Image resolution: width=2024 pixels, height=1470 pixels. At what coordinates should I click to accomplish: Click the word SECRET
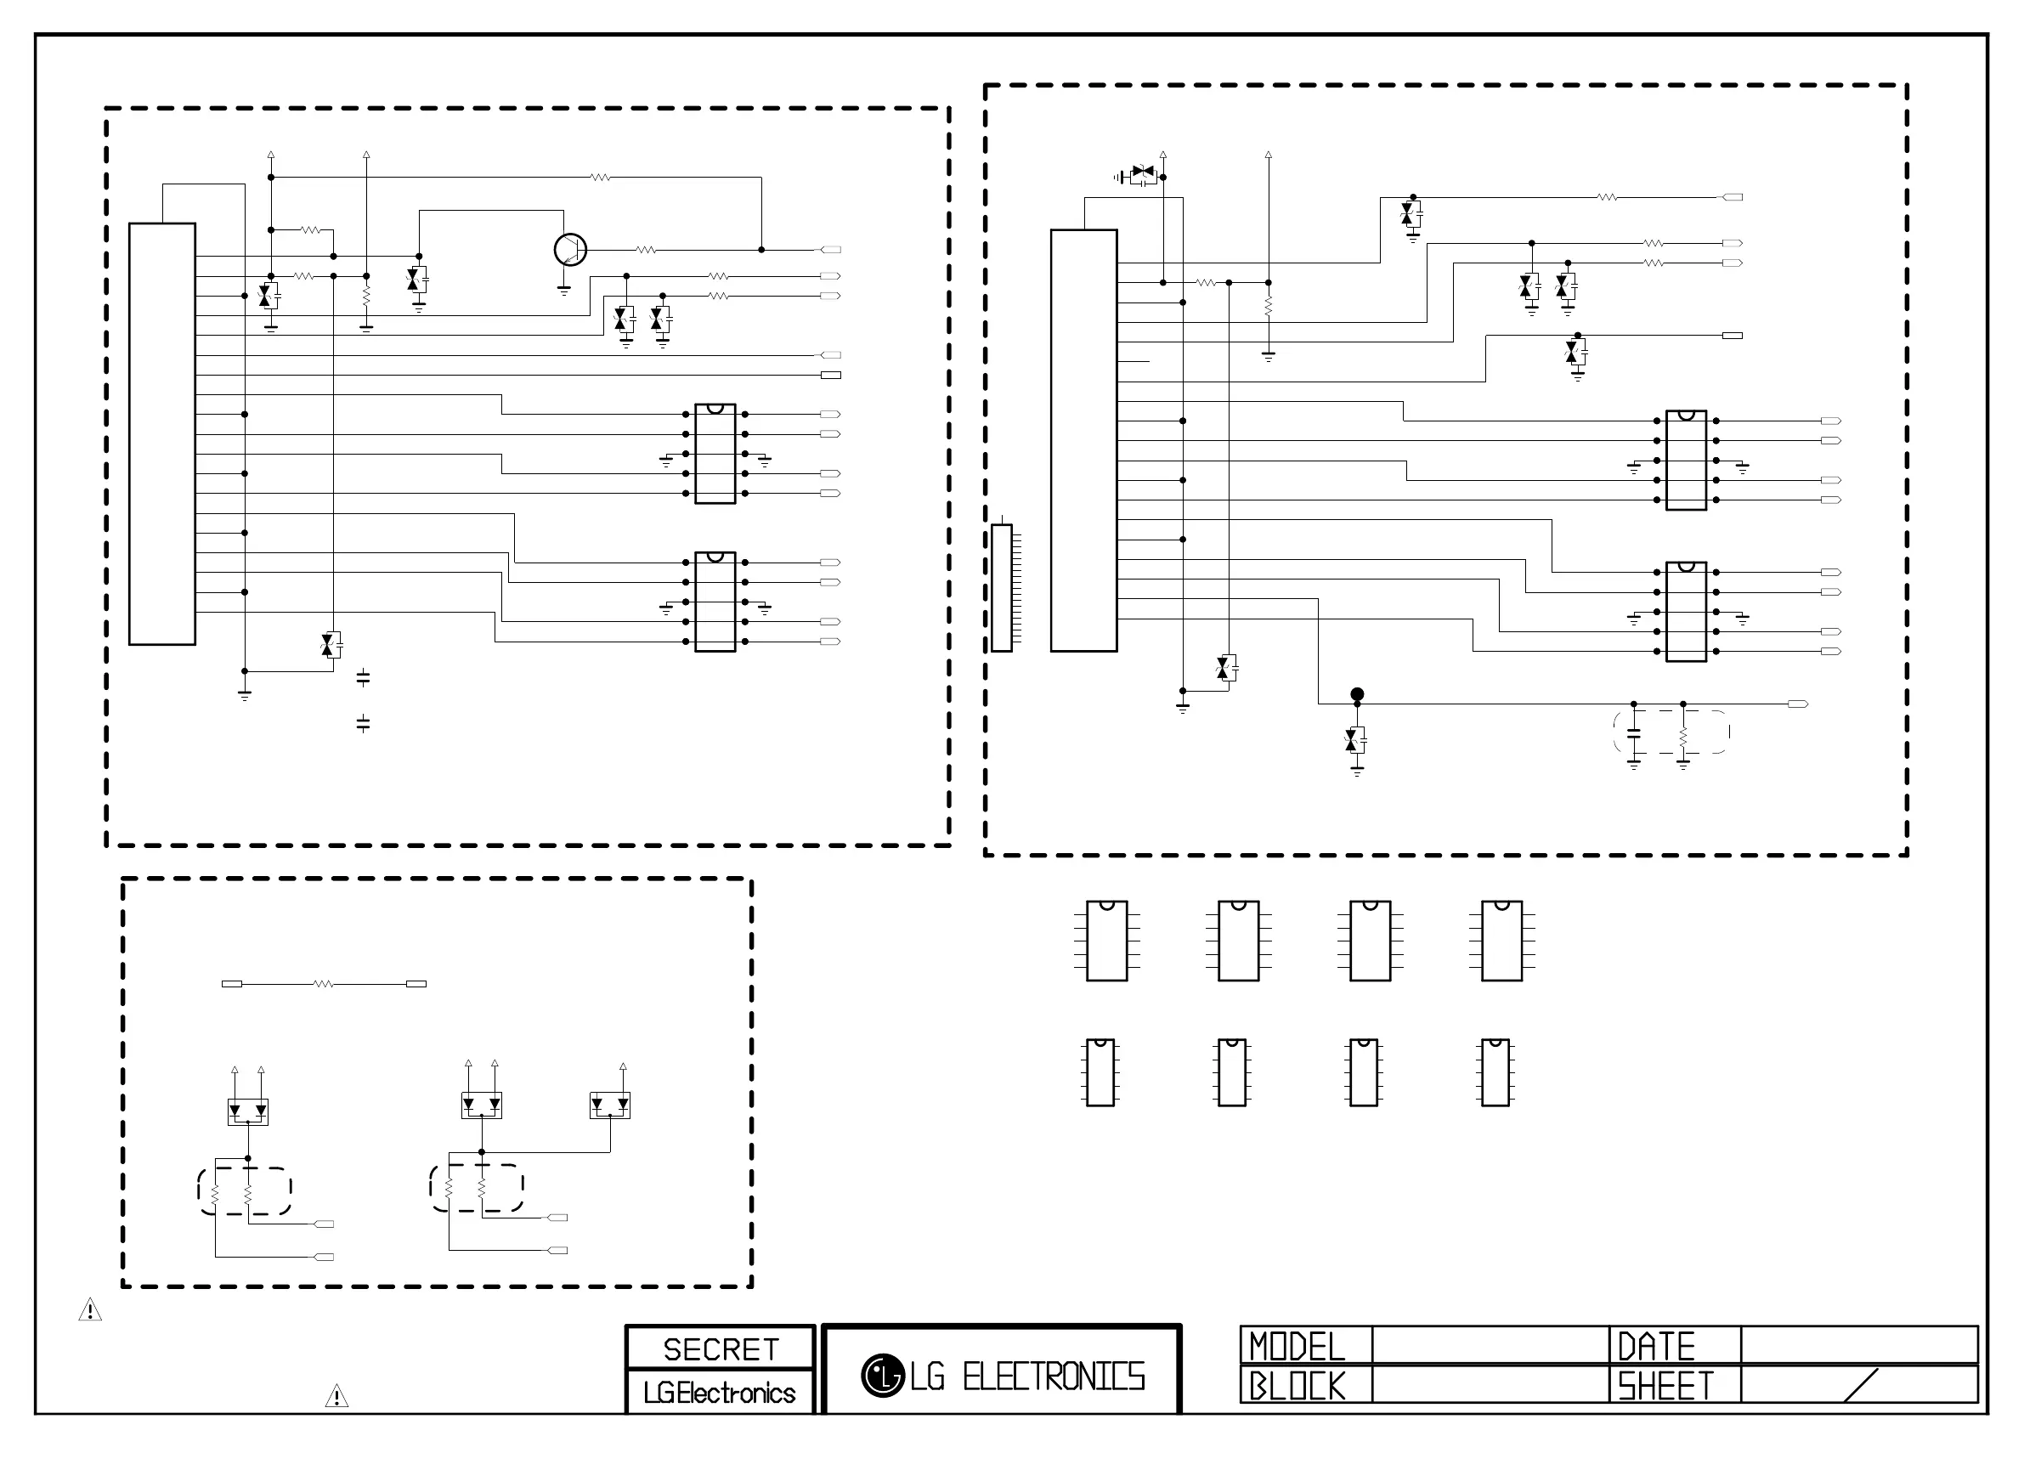coord(721,1349)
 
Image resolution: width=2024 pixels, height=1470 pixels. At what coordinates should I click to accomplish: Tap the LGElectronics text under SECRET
coord(720,1394)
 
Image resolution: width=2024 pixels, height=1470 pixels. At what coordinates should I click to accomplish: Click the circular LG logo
coord(883,1376)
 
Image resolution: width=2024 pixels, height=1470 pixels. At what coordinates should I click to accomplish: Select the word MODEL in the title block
coord(1297,1347)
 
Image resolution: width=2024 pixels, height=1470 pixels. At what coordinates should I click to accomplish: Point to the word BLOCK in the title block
coord(1297,1386)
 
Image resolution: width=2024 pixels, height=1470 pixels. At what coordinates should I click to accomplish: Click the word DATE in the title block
coord(1656,1347)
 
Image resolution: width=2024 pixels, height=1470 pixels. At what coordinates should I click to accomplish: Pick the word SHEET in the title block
coord(1665,1386)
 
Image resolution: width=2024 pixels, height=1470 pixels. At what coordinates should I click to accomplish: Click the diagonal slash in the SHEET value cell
coord(1861,1385)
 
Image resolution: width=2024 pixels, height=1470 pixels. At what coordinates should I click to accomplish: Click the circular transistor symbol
coord(570,250)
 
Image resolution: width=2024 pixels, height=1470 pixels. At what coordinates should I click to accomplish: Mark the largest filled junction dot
coord(1357,694)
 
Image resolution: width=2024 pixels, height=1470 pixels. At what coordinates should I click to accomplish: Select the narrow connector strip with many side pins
coord(1002,588)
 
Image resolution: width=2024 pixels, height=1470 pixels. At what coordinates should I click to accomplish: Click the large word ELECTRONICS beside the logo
coord(1054,1377)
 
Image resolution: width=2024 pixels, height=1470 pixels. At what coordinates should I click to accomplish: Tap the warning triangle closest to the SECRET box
coord(336,1396)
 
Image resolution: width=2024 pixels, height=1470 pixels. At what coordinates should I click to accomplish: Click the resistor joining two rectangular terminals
coord(323,984)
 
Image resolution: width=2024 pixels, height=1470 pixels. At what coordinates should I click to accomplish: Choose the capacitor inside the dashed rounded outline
coord(1634,733)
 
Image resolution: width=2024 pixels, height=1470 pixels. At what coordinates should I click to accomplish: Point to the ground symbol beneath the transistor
coord(564,290)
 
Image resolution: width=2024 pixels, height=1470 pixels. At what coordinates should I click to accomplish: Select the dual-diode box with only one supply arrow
coord(610,1105)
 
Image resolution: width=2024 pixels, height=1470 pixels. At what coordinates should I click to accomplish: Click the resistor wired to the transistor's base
coord(646,250)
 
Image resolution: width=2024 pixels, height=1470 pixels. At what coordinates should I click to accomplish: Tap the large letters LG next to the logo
coord(928,1377)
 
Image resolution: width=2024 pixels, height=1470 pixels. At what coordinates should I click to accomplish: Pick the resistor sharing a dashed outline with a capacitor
coord(1683,738)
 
